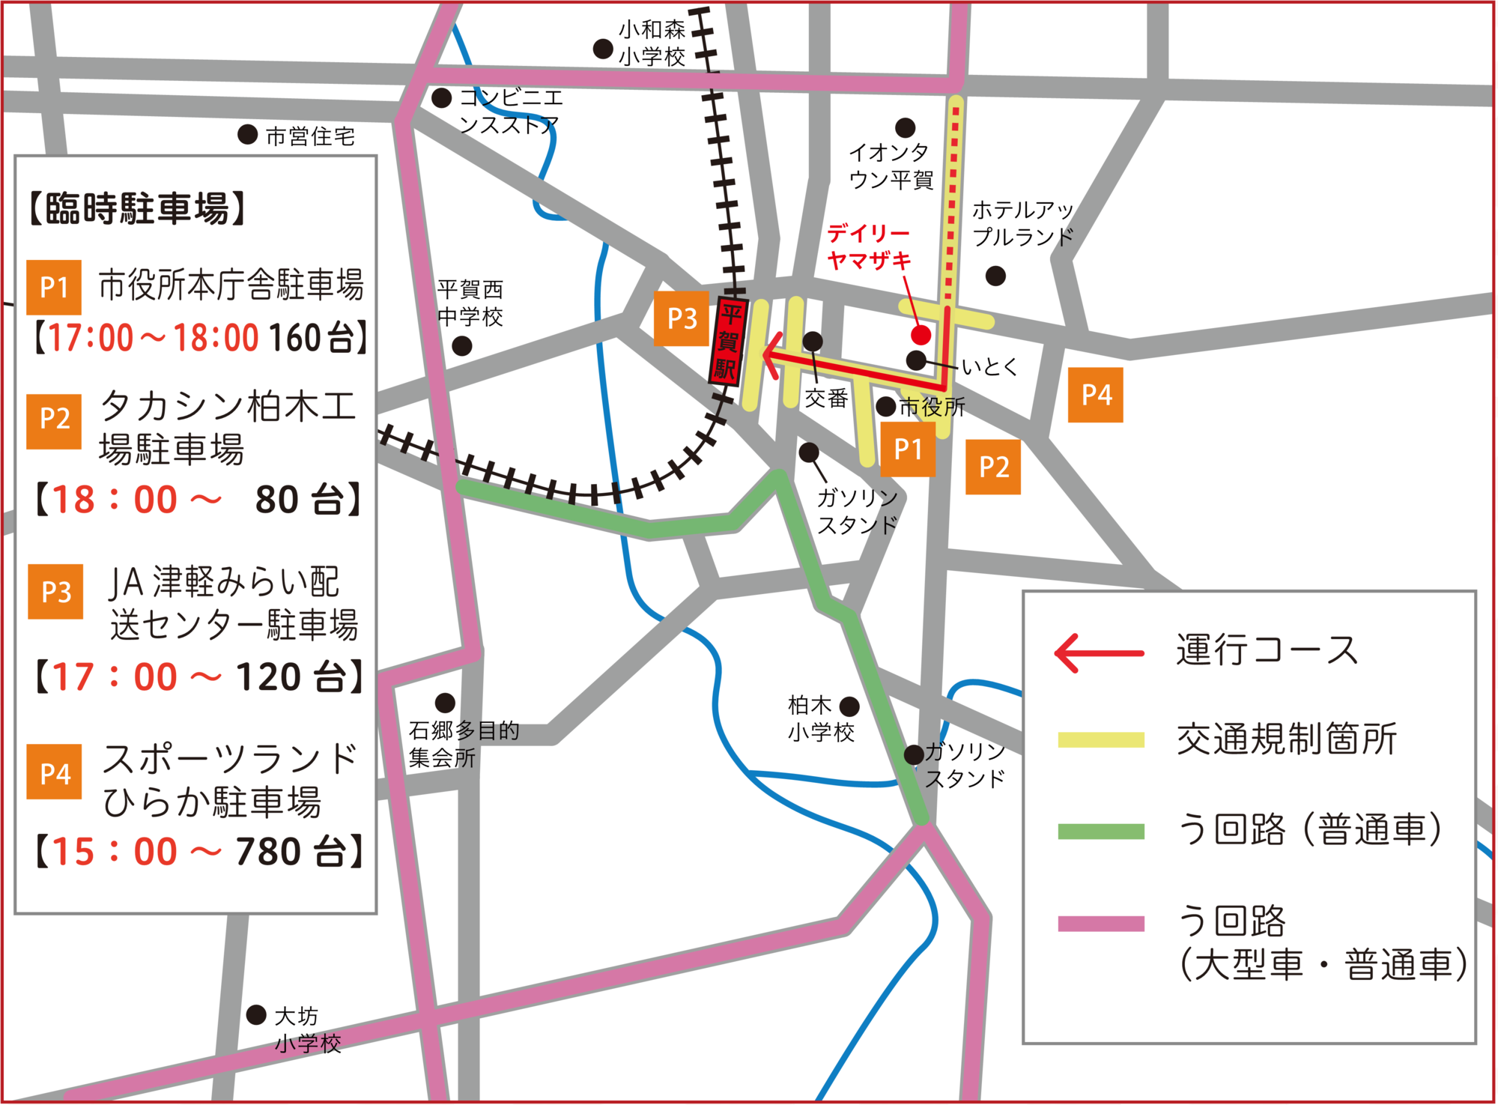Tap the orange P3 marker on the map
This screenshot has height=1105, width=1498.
(682, 318)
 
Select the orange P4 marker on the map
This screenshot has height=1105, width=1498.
(1095, 395)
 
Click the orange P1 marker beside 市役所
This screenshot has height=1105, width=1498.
(908, 449)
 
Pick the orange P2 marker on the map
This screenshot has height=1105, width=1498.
(993, 467)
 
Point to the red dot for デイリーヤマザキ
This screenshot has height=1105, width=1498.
(921, 335)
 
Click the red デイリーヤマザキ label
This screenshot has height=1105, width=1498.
(869, 247)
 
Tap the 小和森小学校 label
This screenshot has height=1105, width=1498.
(651, 43)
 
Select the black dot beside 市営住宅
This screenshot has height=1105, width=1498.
(248, 135)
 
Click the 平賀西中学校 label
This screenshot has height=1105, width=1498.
(470, 303)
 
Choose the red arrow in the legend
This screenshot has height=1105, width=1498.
(1100, 653)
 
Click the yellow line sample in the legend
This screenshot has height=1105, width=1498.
(1100, 740)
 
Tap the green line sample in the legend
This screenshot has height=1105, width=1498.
(1100, 831)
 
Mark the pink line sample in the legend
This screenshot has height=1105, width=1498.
(1100, 923)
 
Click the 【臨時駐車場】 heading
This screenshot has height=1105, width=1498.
(137, 208)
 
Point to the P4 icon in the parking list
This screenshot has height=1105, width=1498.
(55, 772)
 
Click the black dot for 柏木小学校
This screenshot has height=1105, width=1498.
(849, 706)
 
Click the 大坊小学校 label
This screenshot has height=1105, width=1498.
(307, 1030)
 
